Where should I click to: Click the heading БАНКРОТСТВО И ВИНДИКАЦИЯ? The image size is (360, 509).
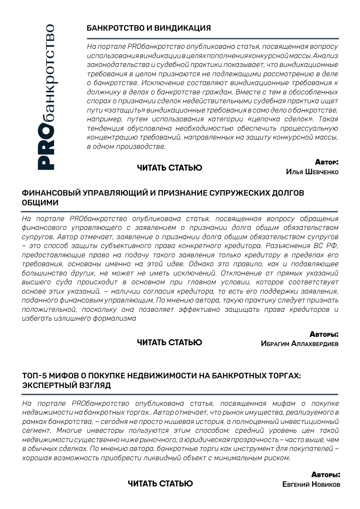click(149, 28)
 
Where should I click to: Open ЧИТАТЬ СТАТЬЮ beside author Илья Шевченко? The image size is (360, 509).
click(170, 168)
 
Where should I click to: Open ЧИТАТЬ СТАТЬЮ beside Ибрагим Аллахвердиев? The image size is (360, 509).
click(170, 342)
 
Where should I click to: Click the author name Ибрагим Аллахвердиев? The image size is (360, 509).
click(300, 344)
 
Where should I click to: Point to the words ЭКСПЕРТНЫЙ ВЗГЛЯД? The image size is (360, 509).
click(67, 386)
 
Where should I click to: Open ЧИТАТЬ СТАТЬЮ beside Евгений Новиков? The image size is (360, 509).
click(160, 483)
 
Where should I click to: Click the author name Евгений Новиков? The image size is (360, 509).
click(312, 484)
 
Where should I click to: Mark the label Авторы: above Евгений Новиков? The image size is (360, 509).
click(325, 474)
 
